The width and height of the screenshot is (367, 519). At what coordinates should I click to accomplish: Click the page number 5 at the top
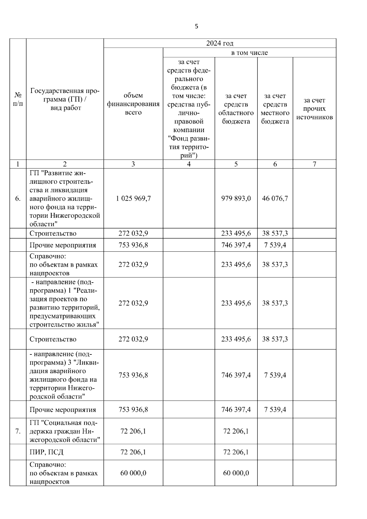tap(196, 26)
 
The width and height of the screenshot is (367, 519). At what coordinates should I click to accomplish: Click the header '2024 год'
tap(220, 43)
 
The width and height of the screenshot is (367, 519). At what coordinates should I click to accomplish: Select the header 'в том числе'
tap(249, 53)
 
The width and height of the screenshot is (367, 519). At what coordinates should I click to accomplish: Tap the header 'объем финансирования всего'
tap(133, 104)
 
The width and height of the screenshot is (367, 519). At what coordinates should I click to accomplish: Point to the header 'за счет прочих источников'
tap(314, 109)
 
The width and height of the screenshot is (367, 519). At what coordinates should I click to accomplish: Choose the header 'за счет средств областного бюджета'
tap(236, 109)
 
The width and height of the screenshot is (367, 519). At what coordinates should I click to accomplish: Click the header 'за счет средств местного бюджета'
tap(275, 109)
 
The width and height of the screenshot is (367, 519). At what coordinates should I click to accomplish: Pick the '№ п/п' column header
tap(18, 99)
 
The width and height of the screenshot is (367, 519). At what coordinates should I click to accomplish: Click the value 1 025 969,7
tap(133, 198)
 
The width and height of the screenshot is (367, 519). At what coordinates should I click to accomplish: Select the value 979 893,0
tap(236, 198)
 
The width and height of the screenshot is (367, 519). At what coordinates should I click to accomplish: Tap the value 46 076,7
tap(275, 198)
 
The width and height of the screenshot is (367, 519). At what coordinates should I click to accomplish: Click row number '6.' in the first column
tap(18, 198)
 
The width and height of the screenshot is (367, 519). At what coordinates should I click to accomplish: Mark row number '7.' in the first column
tap(18, 431)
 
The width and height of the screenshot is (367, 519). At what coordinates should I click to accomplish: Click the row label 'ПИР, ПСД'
tap(46, 452)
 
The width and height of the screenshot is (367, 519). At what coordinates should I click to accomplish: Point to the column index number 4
tap(189, 164)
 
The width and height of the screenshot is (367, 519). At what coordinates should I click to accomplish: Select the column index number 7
tap(314, 164)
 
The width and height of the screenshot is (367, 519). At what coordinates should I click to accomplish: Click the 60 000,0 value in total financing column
tap(133, 473)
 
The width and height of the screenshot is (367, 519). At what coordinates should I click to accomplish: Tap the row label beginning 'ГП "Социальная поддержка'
tap(65, 431)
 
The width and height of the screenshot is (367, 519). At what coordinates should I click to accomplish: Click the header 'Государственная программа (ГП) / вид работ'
tap(65, 99)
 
